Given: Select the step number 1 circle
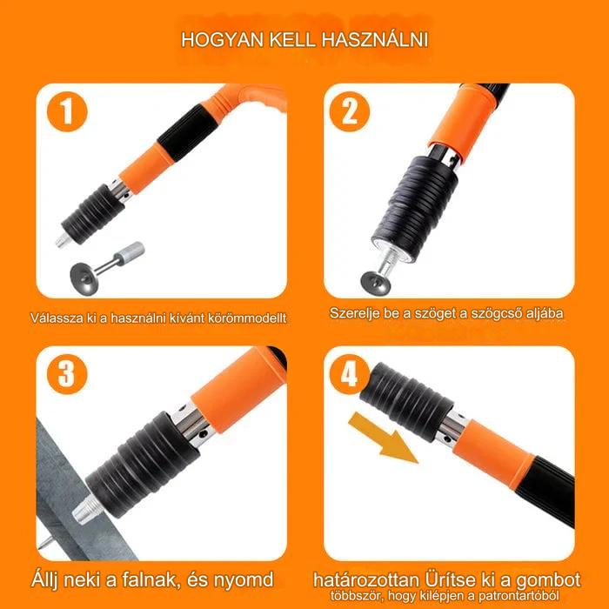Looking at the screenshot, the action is click(67, 112).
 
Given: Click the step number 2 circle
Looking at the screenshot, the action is click(350, 111).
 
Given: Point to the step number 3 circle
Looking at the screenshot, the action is click(67, 374).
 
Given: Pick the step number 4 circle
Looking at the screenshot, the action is click(349, 374).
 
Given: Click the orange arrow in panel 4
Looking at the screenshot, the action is click(384, 438).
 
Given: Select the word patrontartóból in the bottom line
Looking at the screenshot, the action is click(519, 596).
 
